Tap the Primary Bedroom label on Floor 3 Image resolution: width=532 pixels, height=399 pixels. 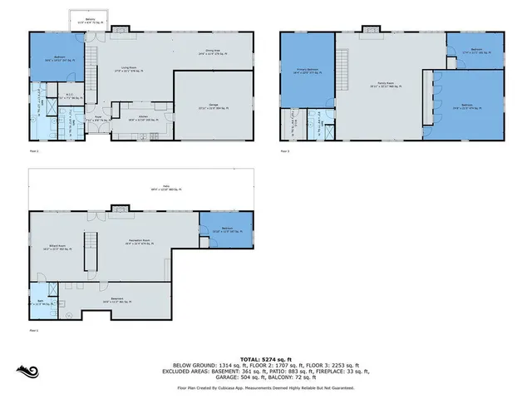308,71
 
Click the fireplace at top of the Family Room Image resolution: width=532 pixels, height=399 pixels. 372,29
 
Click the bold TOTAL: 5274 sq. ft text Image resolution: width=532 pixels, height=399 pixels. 265,358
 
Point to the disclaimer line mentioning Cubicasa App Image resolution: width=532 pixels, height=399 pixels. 265,388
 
